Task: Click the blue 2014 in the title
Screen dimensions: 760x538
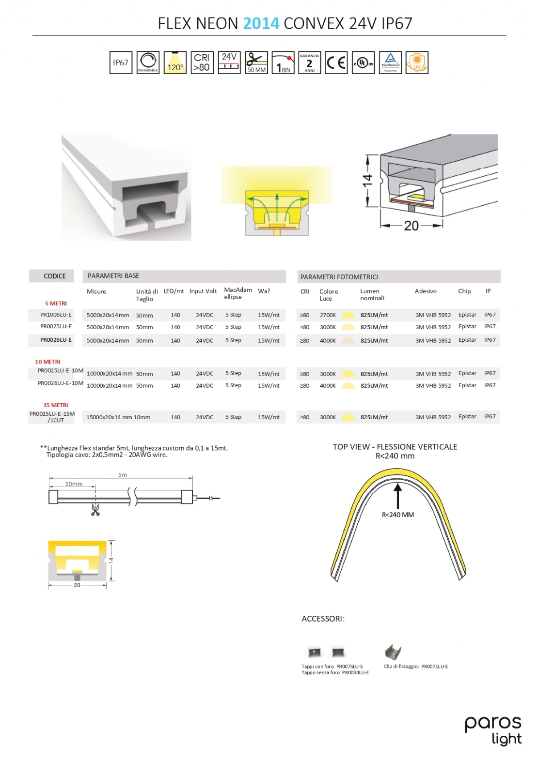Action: [x=261, y=23]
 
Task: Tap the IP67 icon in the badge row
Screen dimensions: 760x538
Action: [x=121, y=62]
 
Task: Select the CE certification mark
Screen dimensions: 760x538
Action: [x=336, y=62]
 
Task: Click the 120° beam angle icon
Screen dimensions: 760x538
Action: [x=175, y=62]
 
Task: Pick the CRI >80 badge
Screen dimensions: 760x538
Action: [x=202, y=62]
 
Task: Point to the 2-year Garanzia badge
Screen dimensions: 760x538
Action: [x=309, y=62]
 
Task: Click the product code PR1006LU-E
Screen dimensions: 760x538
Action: [x=56, y=315]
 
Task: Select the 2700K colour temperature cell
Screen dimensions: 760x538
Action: [x=328, y=315]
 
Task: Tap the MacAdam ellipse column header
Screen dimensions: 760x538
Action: [x=237, y=293]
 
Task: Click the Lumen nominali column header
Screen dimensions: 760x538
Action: [x=372, y=294]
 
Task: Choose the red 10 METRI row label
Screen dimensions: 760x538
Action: [x=47, y=362]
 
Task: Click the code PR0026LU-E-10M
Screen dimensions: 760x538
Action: [x=61, y=383]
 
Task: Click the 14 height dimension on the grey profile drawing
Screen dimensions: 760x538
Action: [x=367, y=181]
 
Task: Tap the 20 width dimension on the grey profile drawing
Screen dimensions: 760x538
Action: [x=411, y=226]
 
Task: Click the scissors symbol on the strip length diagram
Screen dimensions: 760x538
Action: [x=95, y=510]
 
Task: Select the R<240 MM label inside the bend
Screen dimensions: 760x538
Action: [x=397, y=515]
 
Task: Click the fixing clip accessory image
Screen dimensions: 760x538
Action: [x=393, y=652]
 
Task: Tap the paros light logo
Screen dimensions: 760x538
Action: [x=493, y=730]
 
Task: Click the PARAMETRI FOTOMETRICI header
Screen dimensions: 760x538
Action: [x=339, y=277]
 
